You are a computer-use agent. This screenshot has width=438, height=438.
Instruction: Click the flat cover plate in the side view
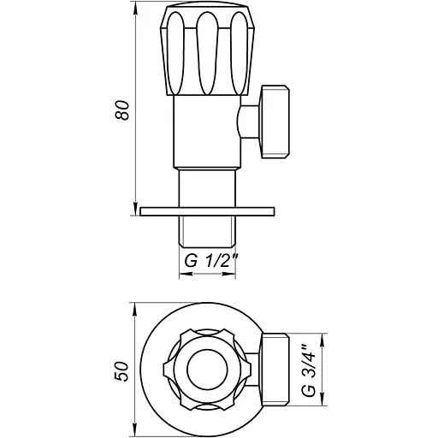tap(208, 210)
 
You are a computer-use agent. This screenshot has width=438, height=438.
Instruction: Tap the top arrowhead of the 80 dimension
tap(136, 10)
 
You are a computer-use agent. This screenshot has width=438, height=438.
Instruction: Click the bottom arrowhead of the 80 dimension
tap(136, 209)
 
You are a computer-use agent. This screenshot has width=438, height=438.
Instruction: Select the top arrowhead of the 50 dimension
tap(136, 305)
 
